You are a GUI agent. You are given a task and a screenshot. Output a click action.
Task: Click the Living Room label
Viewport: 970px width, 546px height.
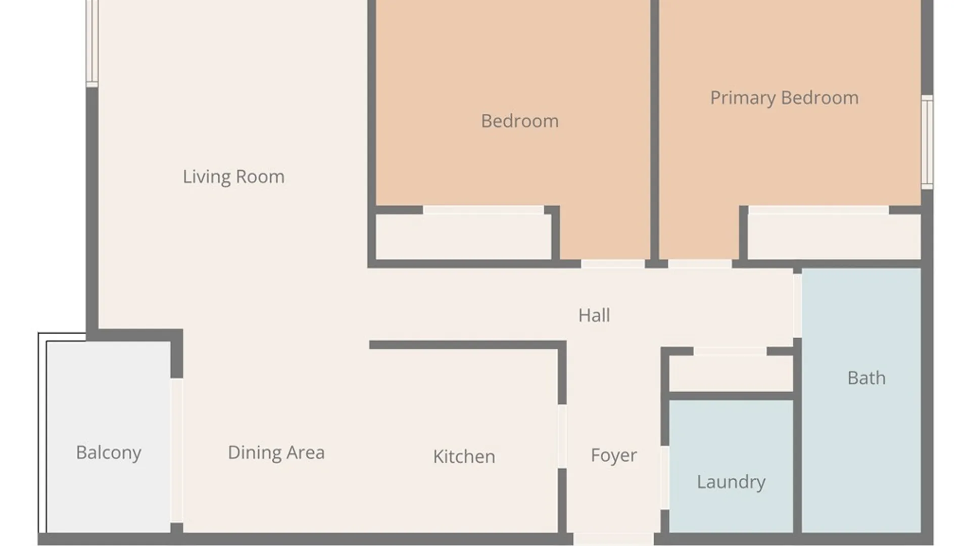pos(233,177)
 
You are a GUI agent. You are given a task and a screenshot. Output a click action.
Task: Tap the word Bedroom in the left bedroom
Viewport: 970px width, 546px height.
pos(520,121)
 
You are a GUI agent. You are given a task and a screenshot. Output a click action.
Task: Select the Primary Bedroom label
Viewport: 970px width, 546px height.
pos(784,98)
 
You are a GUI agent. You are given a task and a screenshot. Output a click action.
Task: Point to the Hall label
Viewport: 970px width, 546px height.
pos(594,315)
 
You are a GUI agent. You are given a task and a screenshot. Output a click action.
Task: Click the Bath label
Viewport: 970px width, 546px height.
pos(866,378)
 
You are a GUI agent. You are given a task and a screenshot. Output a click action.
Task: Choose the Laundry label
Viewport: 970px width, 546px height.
pos(731,482)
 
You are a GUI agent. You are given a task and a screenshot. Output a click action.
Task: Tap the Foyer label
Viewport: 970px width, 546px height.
pos(614,456)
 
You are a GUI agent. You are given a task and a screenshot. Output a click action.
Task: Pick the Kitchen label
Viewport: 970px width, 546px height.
pos(464,457)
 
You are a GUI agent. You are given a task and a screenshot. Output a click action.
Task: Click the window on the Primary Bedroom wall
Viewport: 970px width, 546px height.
pos(927,142)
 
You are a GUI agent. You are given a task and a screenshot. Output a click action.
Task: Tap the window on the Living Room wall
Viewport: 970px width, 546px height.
pos(92,42)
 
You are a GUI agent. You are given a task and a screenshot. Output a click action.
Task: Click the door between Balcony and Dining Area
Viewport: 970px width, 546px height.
pos(176,450)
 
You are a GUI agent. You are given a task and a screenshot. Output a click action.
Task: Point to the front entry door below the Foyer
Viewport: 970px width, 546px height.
pos(613,539)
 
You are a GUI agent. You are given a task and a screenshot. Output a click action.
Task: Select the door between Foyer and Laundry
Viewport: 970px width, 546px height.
pos(665,478)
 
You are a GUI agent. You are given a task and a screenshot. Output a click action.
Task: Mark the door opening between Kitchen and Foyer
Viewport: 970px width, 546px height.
pos(562,436)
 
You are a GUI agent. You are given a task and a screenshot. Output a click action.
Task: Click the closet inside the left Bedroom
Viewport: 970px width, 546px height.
pos(463,237)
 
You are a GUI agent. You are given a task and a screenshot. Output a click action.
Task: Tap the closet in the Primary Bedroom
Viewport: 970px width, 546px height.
pos(834,237)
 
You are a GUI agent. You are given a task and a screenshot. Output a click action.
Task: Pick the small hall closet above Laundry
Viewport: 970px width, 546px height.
pos(731,373)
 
